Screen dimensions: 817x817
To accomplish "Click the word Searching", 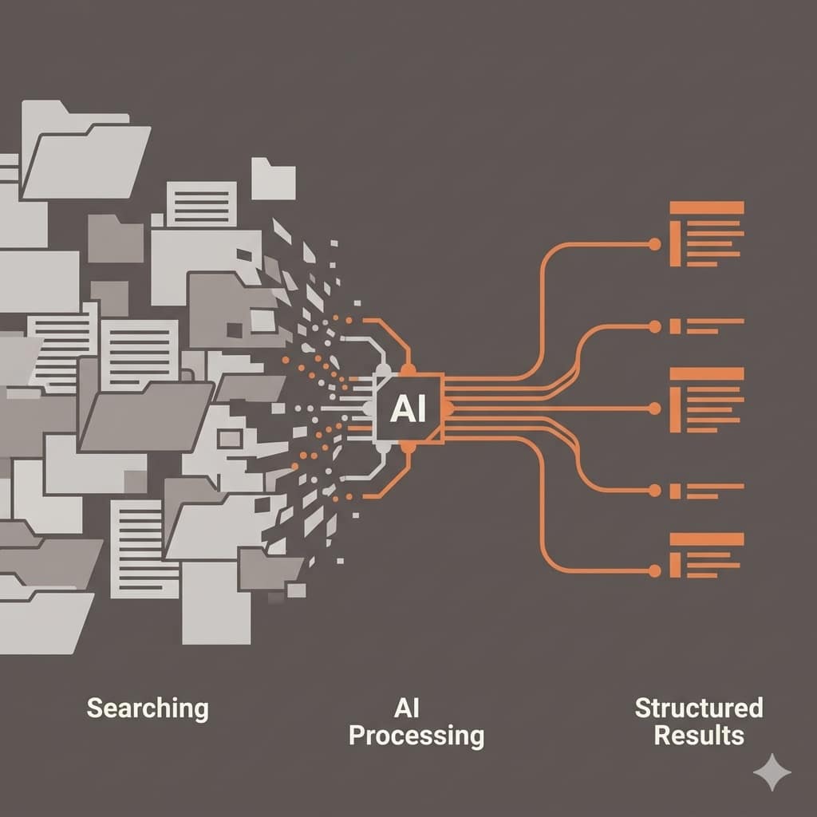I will [148, 708].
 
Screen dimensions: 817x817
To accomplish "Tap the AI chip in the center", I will [409, 408].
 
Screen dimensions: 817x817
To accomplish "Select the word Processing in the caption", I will [416, 735].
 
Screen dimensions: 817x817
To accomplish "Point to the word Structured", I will [699, 708].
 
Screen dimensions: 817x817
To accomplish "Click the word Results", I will [699, 735].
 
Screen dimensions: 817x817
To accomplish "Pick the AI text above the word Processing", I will [407, 708].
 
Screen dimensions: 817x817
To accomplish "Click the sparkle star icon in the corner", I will [772, 772].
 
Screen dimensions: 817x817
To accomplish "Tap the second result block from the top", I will [707, 326].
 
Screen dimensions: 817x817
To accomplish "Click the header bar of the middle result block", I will [707, 373].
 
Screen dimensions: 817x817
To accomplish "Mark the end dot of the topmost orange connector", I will [655, 243].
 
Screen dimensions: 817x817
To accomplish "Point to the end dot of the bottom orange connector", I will [655, 570].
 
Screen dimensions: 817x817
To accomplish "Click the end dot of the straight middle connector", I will [655, 408].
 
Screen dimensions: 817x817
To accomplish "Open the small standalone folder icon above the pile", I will [274, 180].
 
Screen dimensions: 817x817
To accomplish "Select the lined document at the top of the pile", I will [201, 204].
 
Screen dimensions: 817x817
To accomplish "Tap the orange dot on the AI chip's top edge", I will [409, 369].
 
